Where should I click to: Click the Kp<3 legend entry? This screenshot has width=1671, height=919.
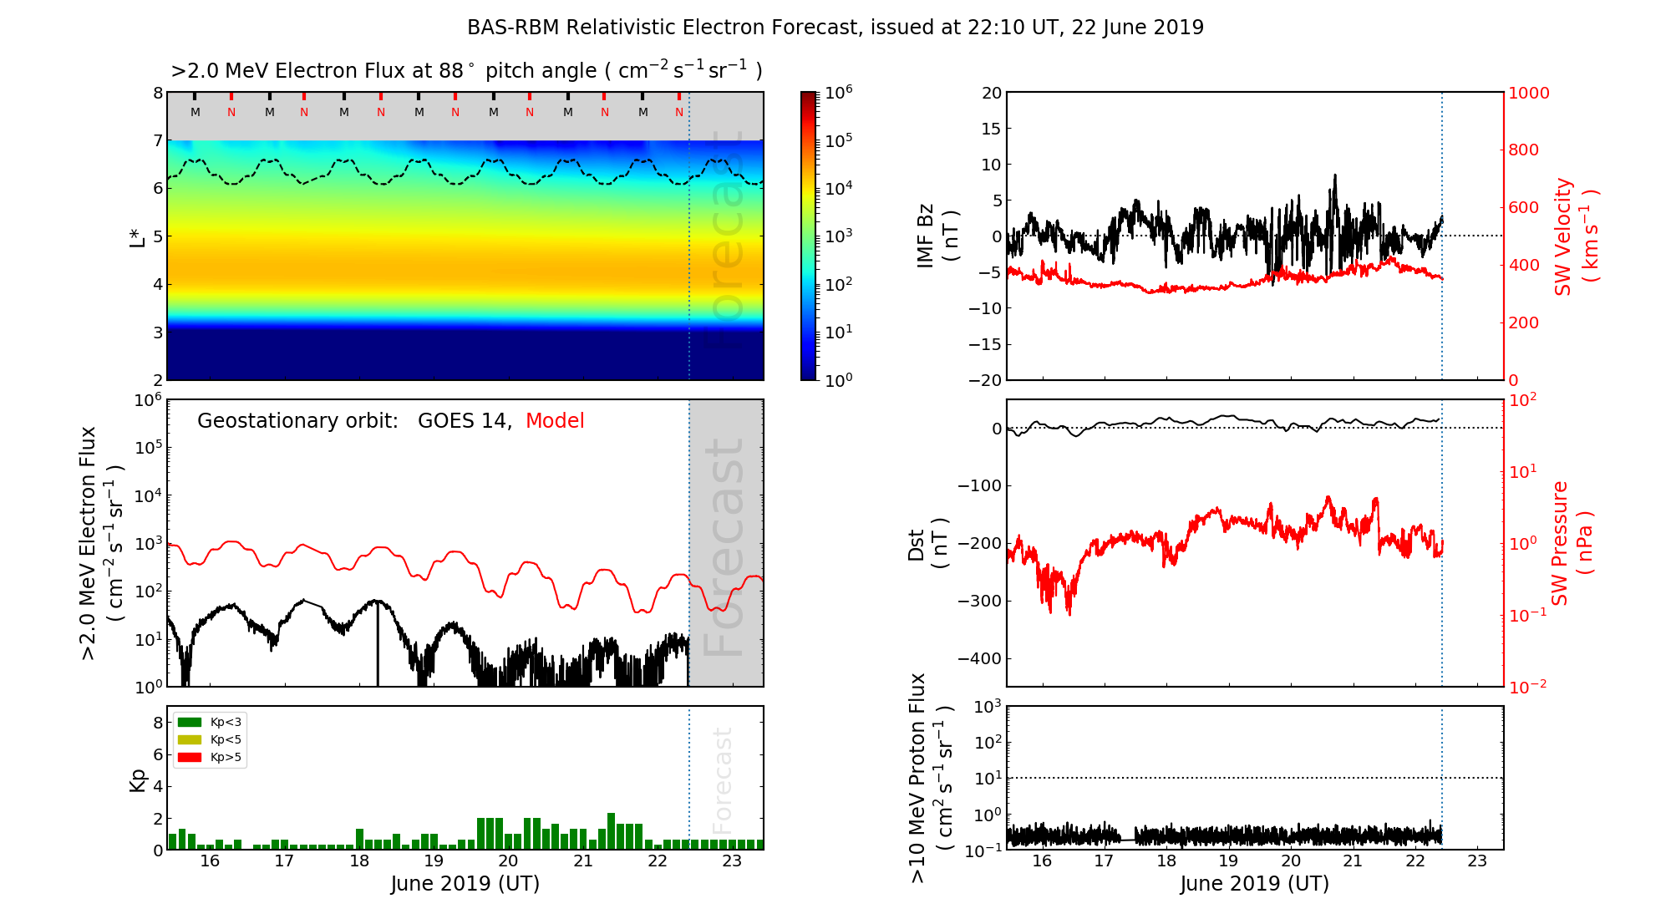click(x=226, y=722)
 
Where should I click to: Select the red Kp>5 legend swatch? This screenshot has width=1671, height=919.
click(x=190, y=758)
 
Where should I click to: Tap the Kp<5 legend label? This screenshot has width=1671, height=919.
click(x=226, y=739)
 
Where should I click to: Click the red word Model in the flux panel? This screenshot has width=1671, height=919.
click(x=555, y=421)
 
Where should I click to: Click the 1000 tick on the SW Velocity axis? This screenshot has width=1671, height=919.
click(x=1529, y=94)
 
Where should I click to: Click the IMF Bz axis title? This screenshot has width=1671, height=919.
click(x=937, y=236)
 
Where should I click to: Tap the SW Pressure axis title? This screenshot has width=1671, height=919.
click(x=1572, y=543)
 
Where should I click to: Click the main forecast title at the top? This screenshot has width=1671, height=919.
click(x=835, y=28)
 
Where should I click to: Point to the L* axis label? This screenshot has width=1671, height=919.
click(x=138, y=236)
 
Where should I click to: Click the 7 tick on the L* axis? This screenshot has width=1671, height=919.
click(x=157, y=140)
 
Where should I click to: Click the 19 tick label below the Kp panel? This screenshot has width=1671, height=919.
click(x=434, y=861)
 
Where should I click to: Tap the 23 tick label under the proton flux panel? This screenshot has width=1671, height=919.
click(x=1477, y=861)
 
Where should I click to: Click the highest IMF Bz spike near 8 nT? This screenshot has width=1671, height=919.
click(x=1335, y=175)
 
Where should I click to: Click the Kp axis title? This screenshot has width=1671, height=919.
click(x=138, y=779)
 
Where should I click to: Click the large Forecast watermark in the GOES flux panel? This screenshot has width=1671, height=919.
click(x=724, y=547)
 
